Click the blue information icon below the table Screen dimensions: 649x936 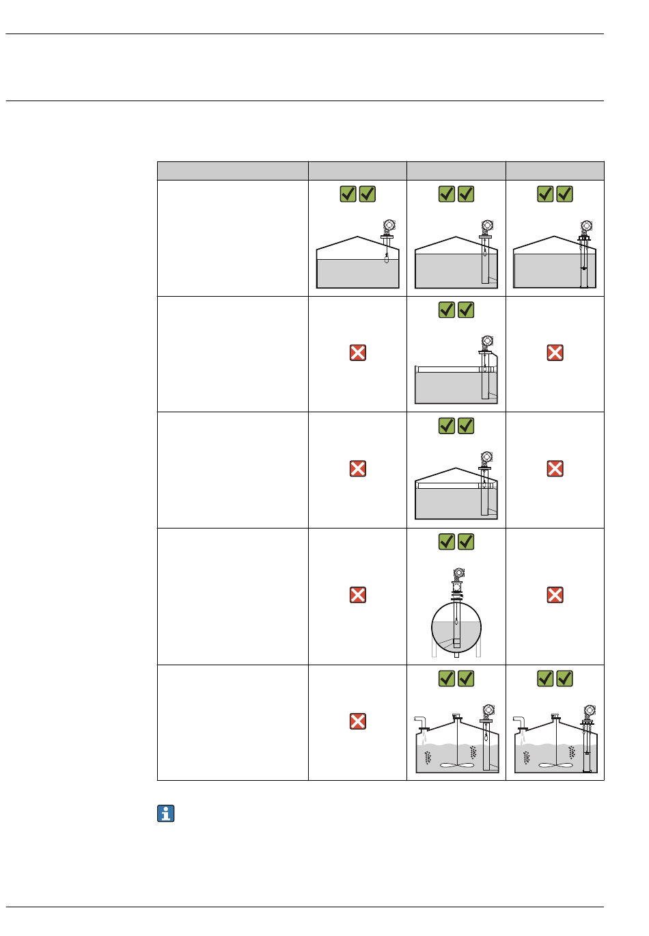point(166,814)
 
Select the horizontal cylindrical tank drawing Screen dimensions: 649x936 point(456,627)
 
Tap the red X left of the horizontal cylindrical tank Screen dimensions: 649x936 point(357,595)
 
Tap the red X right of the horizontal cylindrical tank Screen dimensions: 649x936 point(555,595)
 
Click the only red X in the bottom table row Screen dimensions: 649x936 point(357,721)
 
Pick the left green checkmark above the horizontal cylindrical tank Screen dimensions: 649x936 point(446,542)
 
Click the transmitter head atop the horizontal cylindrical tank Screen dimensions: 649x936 point(458,573)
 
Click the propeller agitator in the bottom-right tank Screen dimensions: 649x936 point(555,765)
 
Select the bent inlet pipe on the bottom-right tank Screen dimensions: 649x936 point(521,722)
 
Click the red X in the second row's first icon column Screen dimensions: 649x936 point(357,353)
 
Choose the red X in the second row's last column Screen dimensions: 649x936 point(555,353)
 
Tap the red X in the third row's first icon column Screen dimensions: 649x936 point(357,468)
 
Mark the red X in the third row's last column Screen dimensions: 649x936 point(555,468)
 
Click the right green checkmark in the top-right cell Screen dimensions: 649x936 point(565,194)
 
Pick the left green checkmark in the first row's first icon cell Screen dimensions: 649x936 point(348,194)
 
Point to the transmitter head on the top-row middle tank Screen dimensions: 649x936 point(487,225)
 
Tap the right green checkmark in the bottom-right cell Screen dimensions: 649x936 point(565,679)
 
